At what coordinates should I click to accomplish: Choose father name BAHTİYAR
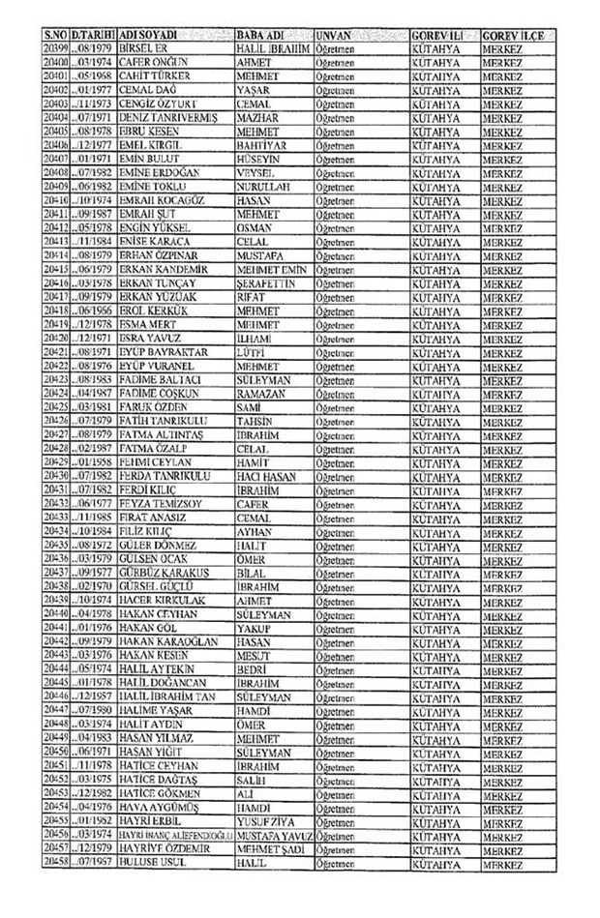[262, 144]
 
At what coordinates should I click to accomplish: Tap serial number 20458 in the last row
[54, 862]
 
